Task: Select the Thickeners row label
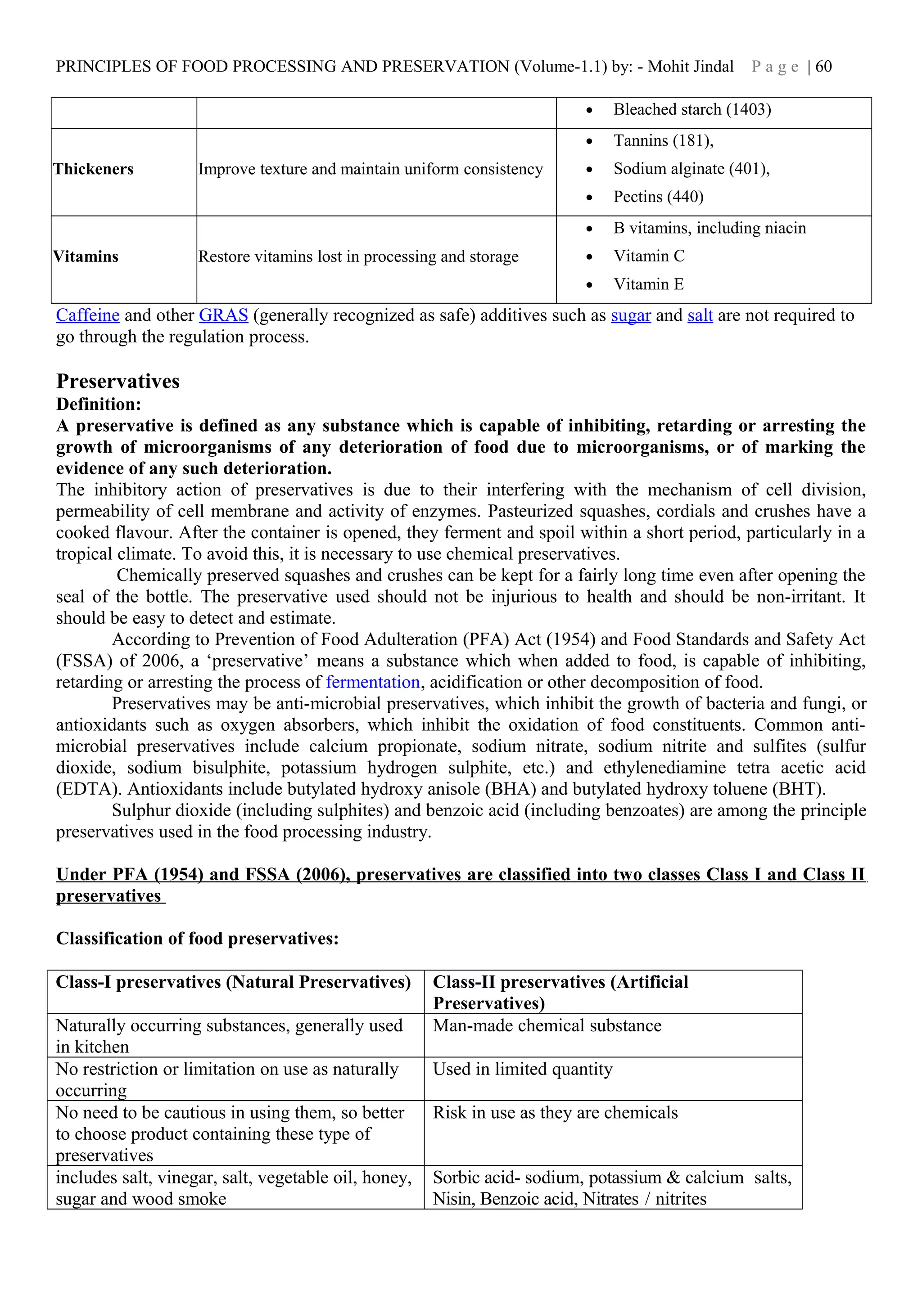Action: click(93, 169)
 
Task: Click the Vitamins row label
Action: click(86, 257)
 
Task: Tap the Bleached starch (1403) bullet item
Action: click(692, 110)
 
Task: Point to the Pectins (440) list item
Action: click(658, 197)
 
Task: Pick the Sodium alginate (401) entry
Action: click(691, 169)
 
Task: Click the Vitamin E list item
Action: click(648, 284)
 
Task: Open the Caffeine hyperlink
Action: click(87, 315)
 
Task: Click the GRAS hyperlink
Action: click(223, 315)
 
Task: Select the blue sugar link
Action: click(631, 315)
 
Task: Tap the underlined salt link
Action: click(700, 315)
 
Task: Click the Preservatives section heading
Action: click(118, 381)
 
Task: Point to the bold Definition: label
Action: click(98, 405)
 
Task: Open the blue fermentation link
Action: click(373, 682)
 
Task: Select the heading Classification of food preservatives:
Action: click(197, 939)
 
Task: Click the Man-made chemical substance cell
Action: click(547, 1026)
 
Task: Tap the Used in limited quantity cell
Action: click(523, 1070)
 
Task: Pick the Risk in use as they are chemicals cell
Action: click(555, 1113)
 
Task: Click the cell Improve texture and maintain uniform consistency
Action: click(371, 169)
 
